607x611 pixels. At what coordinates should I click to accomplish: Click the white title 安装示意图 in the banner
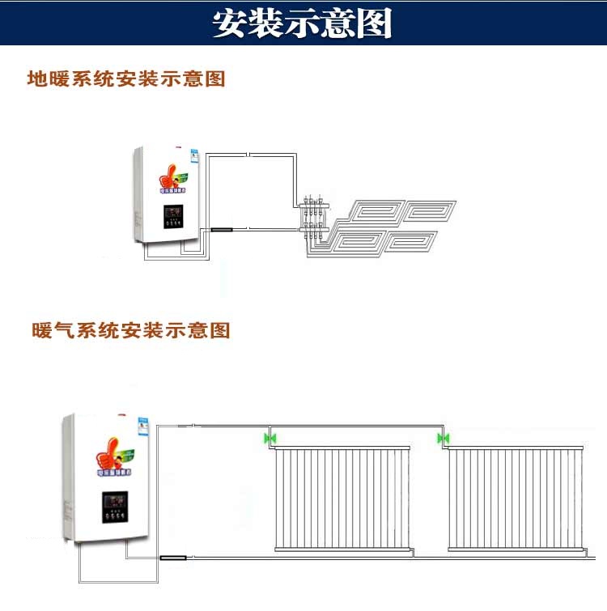click(303, 23)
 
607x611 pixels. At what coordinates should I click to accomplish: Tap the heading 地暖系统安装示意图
click(125, 79)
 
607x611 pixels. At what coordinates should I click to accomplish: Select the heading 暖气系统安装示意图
click(130, 330)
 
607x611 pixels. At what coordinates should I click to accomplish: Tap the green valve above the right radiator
click(443, 439)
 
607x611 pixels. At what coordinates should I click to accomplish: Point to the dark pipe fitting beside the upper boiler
click(221, 230)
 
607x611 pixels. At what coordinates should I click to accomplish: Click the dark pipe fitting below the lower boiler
click(173, 558)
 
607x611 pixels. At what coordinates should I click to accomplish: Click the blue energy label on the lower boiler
click(138, 432)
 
